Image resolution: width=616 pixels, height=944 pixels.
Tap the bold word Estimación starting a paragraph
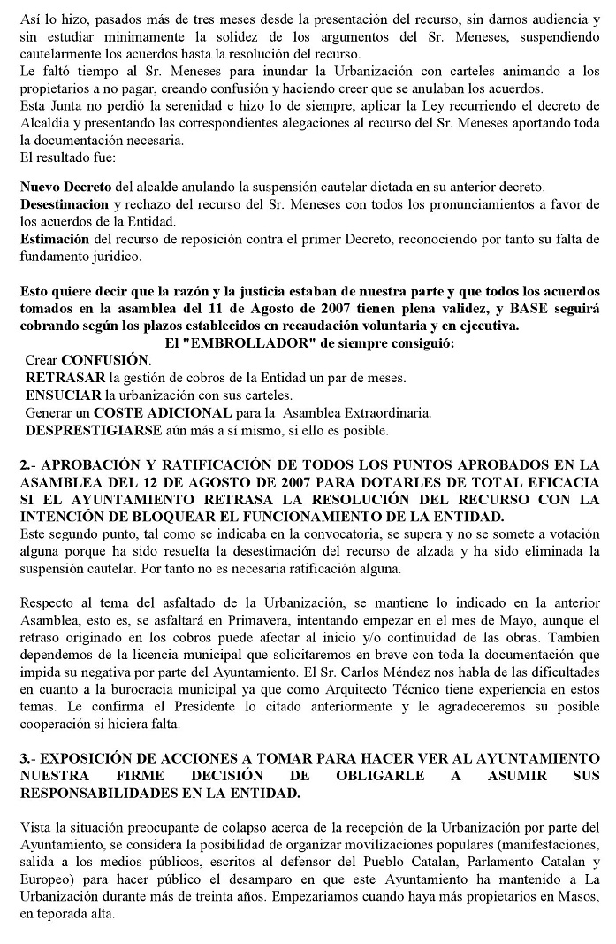[x=55, y=240]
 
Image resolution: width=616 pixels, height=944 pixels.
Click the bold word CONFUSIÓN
[x=105, y=360]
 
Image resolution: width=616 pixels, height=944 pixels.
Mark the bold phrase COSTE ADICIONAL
[x=151, y=412]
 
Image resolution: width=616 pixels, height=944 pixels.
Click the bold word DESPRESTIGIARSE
[x=94, y=430]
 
